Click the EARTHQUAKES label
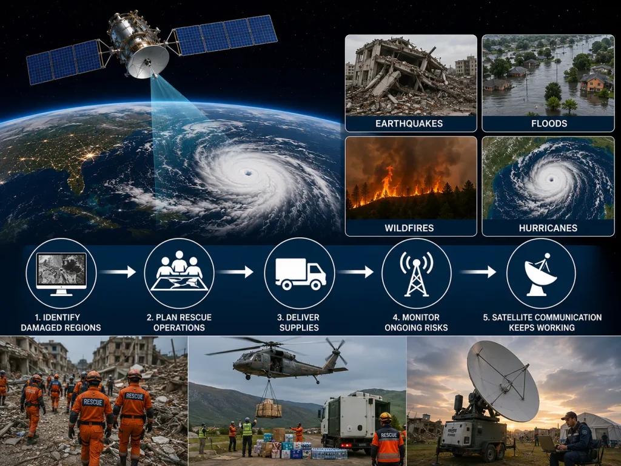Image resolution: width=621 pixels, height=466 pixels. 409,123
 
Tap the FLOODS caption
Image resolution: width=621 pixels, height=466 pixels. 549,123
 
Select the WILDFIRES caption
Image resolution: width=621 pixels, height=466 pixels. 409,228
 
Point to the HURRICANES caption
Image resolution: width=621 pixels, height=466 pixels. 548,228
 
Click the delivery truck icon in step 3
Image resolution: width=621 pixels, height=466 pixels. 300,274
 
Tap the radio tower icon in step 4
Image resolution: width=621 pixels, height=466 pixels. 416,274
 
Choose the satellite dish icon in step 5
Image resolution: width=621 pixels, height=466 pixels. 540,274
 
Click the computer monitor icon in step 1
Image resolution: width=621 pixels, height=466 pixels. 61,274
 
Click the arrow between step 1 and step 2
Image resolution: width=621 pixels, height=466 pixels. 118,272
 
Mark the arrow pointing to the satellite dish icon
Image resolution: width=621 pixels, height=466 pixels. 478,272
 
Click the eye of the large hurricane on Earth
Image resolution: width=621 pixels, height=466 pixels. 248,172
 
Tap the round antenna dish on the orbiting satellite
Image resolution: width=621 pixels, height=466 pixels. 148,61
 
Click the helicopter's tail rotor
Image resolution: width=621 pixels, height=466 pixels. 336,350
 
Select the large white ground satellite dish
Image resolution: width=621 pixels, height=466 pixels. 503,380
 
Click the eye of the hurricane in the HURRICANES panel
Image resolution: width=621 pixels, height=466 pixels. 551,179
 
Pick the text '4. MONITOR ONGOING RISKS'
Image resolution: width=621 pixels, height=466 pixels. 416,322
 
